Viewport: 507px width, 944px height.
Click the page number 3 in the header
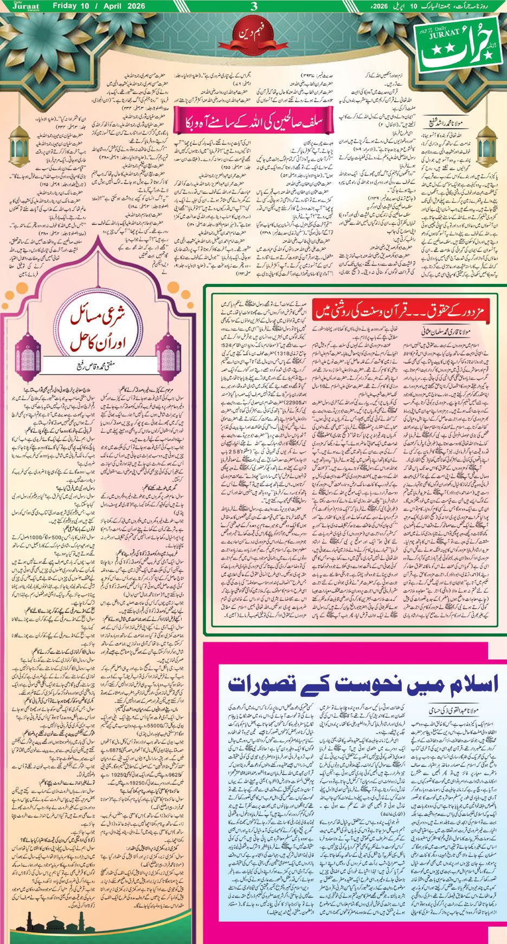(253, 6)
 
